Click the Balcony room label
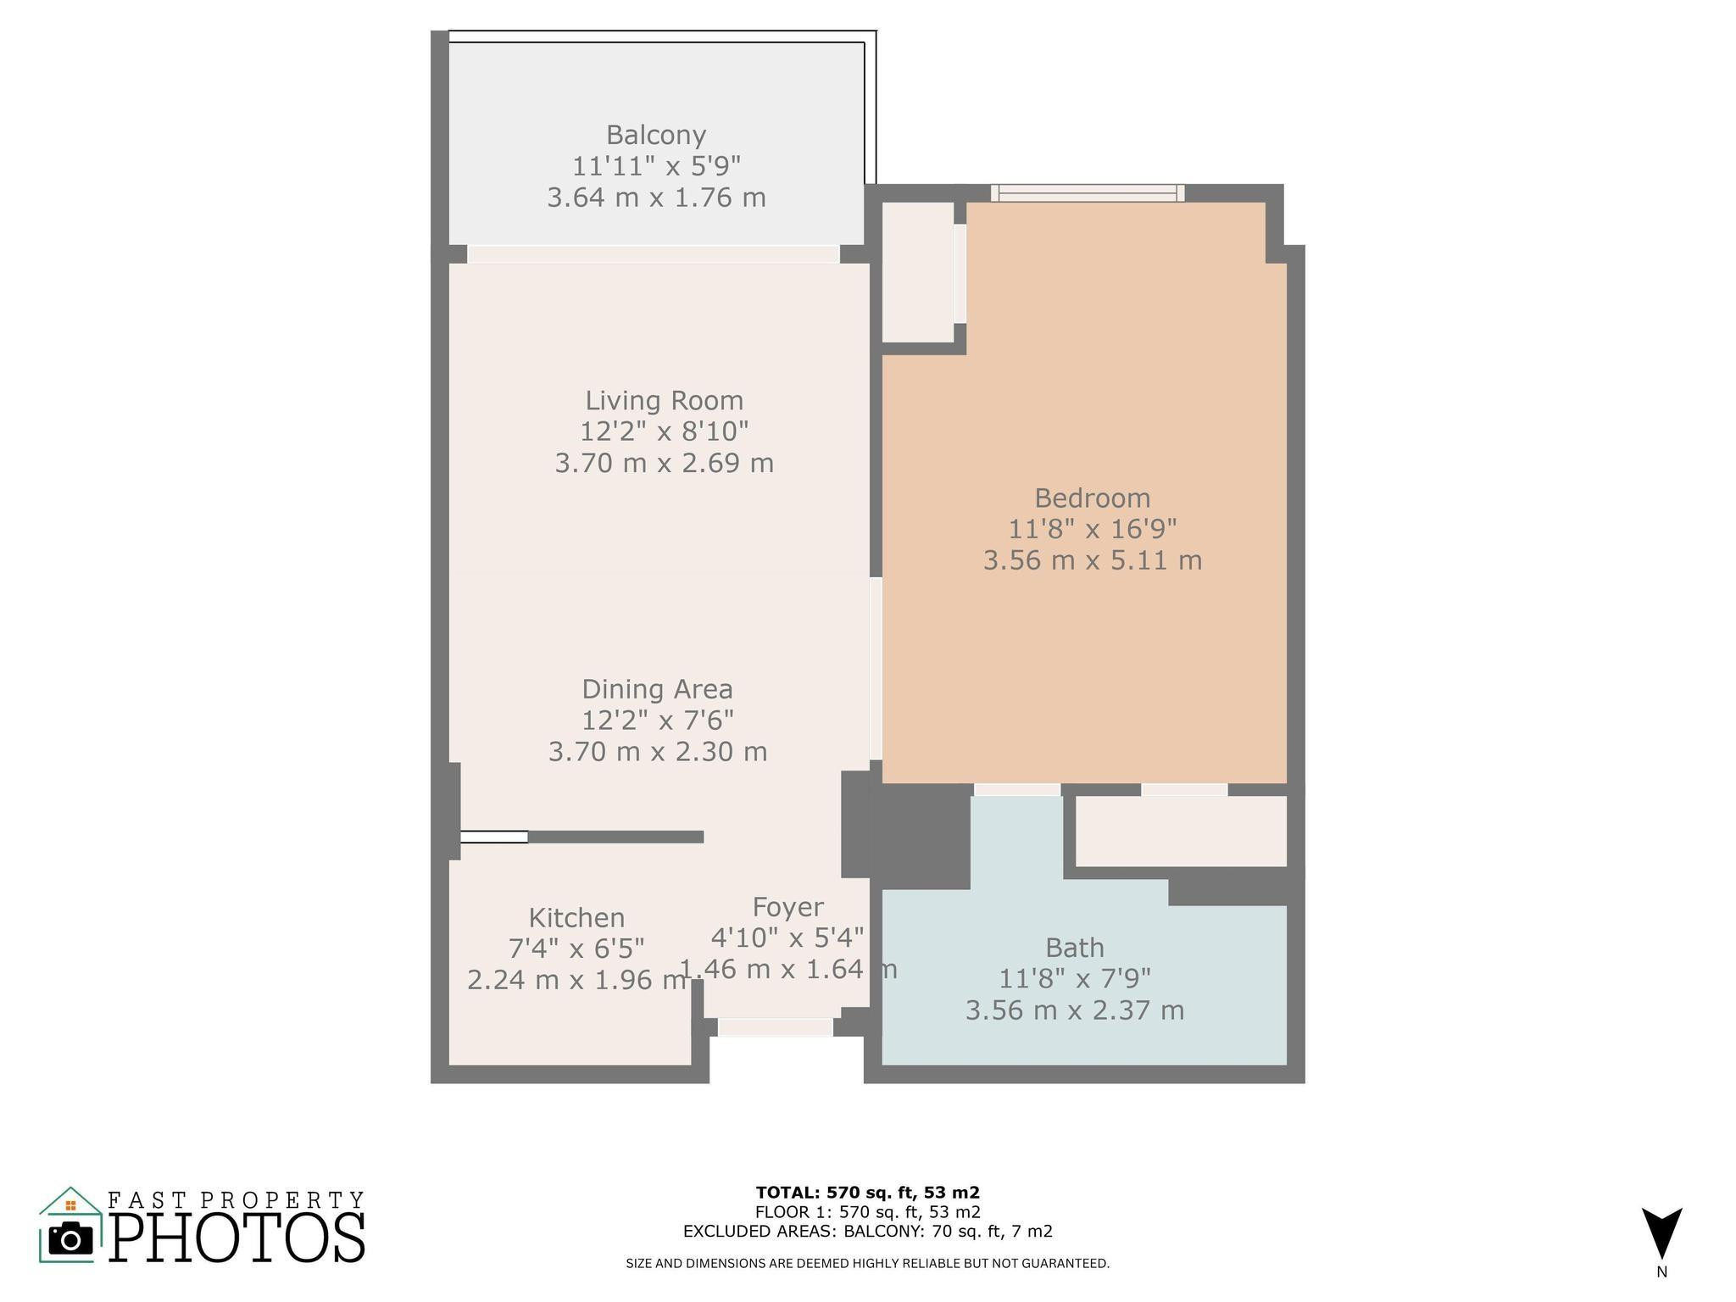655,135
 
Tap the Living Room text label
664,400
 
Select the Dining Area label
657,688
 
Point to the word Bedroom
1092,498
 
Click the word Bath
1074,947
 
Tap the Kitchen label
576,917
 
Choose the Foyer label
787,907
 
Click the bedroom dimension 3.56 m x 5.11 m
1092,560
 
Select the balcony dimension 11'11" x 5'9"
655,166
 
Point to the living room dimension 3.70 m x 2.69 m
664,463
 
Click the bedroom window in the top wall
1088,193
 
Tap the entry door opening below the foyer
776,1027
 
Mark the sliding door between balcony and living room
653,254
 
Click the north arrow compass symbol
1661,1233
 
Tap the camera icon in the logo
70,1239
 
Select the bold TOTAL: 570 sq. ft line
867,1193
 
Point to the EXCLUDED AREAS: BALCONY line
867,1232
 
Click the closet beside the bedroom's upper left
918,271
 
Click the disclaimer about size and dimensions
867,1264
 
